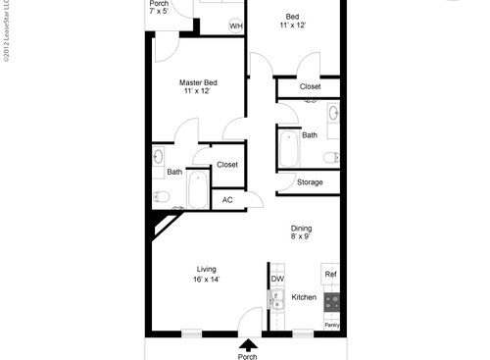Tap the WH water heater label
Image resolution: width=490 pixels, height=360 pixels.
pos(235,26)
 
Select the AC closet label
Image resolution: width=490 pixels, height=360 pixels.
pos(227,199)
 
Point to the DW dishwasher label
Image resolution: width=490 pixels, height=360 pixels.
pos(277,279)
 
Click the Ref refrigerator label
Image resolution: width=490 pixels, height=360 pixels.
pos(331,275)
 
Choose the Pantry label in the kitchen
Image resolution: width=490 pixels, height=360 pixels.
pos(332,323)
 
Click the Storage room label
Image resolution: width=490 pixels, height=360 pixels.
pos(310,182)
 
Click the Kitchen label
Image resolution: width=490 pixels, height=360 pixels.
pos(304,297)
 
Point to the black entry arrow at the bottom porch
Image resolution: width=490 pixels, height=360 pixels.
pos(248,343)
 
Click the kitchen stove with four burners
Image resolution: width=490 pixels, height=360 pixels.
pos(332,301)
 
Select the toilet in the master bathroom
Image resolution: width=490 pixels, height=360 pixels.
pos(162,198)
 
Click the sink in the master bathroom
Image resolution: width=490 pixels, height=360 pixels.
pos(160,157)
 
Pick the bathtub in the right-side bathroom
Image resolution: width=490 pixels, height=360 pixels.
pos(288,150)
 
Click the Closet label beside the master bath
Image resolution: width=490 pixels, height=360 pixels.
pos(227,165)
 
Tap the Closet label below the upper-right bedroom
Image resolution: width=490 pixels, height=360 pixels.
pos(310,86)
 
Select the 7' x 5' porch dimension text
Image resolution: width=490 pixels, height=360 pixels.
pos(159,13)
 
